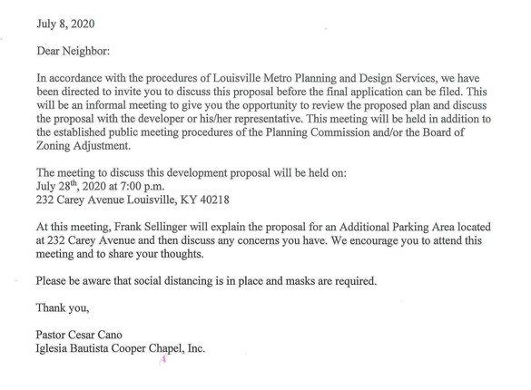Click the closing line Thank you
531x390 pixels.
click(62, 307)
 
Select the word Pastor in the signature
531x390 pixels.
click(54, 335)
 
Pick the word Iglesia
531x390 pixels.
click(56, 349)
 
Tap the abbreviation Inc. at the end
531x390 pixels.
click(194, 349)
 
